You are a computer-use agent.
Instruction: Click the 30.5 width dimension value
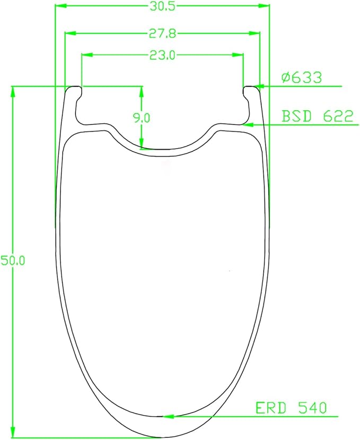[162, 6]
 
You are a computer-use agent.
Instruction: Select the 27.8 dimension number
[162, 33]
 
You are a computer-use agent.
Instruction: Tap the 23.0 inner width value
[162, 55]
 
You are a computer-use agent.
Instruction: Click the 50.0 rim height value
[13, 261]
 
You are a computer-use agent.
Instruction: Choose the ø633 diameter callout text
[301, 77]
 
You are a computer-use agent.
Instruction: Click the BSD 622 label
[317, 116]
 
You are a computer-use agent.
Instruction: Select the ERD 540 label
[291, 408]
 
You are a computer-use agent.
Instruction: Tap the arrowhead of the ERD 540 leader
[168, 417]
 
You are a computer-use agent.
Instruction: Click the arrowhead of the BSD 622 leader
[248, 125]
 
